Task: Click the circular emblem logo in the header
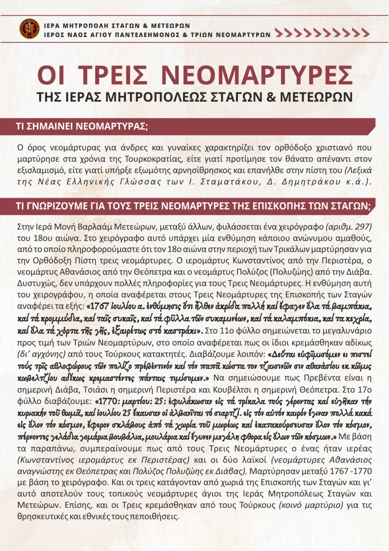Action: point(30,29)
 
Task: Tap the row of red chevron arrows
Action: point(322,33)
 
